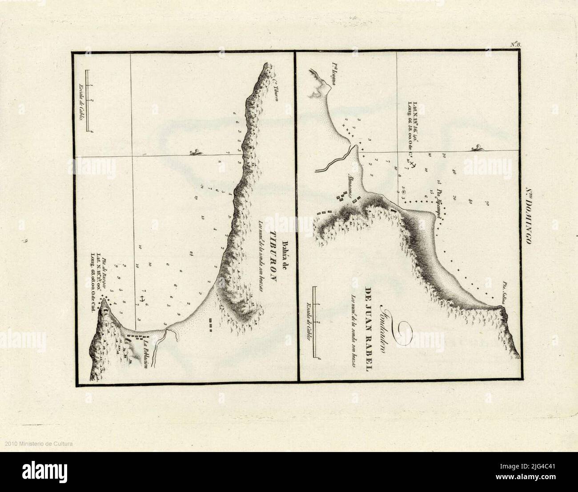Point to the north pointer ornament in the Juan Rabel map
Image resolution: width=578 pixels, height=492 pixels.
pyautogui.click(x=477, y=147)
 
